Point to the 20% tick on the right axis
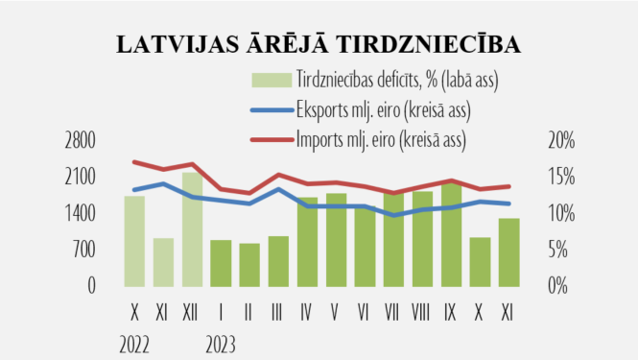pyautogui.click(x=561, y=140)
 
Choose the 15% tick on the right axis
pyautogui.click(x=561, y=177)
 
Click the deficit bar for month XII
pyautogui.click(x=192, y=228)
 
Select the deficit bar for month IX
pyautogui.click(x=451, y=234)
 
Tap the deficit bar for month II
pyautogui.click(x=249, y=264)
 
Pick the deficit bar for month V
pyautogui.click(x=336, y=239)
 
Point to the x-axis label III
pyautogui.click(x=278, y=312)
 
